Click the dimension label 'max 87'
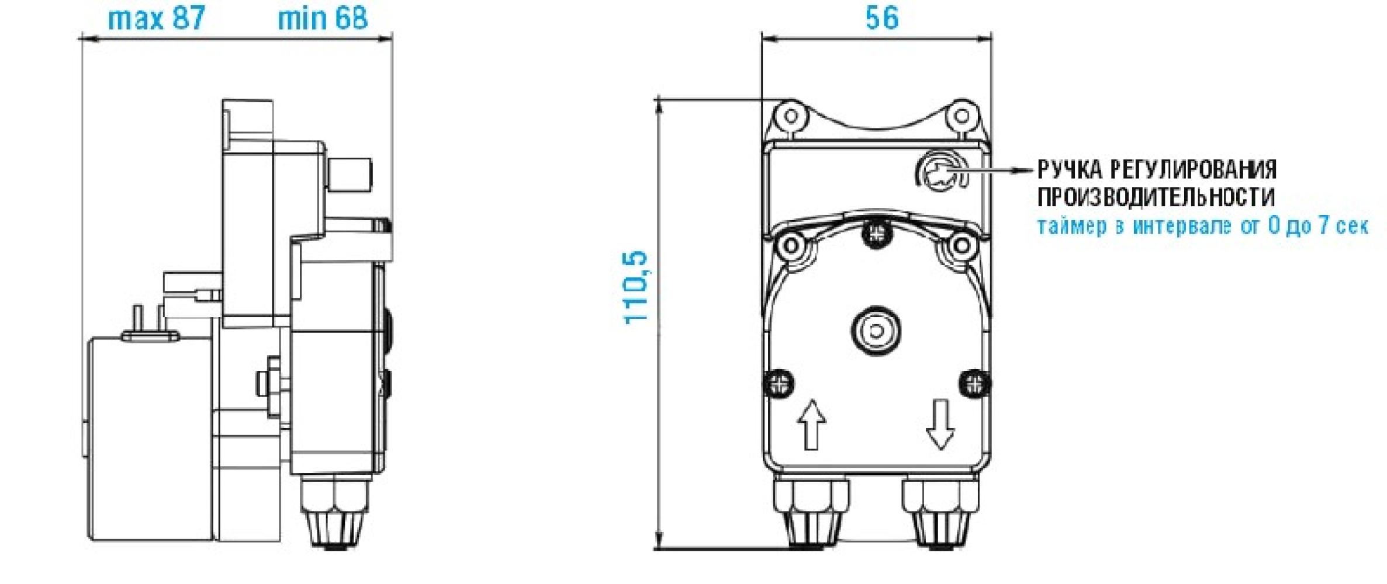tap(157, 18)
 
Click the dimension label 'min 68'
tap(323, 18)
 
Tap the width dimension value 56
tap(882, 18)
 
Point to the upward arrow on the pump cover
tap(811, 424)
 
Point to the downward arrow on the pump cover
tap(940, 424)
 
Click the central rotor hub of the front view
tap(876, 331)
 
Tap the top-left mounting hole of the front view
tap(791, 116)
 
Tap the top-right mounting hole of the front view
tap(961, 116)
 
